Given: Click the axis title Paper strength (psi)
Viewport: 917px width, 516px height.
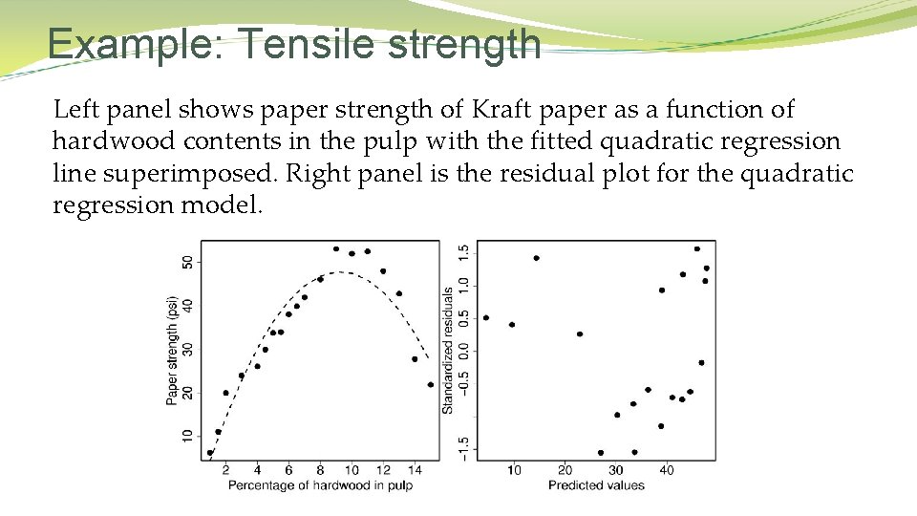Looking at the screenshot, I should (x=172, y=350).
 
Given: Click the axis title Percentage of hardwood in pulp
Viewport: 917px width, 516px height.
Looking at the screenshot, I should (x=320, y=485).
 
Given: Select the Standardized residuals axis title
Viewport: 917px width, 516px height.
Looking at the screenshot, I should (x=447, y=350).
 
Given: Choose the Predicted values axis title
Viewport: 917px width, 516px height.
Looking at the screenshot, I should (x=596, y=485).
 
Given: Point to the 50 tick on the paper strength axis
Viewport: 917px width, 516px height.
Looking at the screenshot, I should (x=187, y=262).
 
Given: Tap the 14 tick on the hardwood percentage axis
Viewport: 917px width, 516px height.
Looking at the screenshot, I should (x=415, y=470).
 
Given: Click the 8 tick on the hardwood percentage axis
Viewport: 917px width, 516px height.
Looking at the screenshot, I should (x=320, y=470).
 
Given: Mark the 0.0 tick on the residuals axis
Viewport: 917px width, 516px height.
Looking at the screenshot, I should (x=463, y=352).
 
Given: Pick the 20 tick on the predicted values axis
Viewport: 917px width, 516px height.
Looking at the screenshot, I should (x=565, y=470).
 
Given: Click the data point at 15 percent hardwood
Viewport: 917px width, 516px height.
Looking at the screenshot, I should (x=430, y=385).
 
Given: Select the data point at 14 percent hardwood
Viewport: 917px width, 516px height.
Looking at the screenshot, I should (x=415, y=359).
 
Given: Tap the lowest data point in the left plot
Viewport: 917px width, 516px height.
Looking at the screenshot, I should (x=210, y=453).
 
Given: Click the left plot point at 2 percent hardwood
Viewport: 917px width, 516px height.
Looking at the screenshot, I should (x=226, y=393).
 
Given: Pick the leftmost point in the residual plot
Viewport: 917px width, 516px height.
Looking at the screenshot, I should (x=486, y=317).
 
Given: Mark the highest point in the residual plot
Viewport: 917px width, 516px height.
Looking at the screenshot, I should (x=697, y=249).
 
